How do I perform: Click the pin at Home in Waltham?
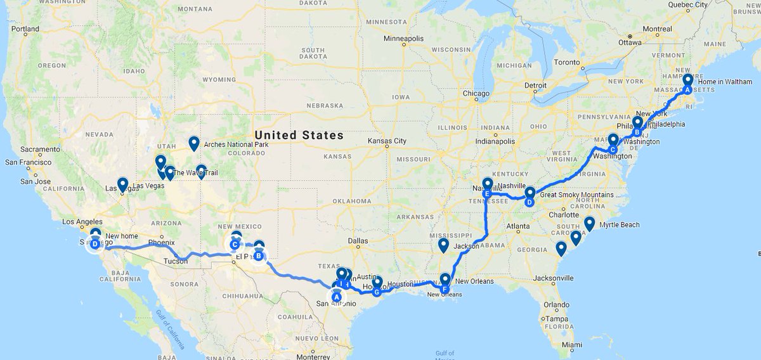point(688,82)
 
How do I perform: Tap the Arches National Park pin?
point(194,143)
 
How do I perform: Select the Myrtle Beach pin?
point(589,223)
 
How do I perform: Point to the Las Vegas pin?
point(122,184)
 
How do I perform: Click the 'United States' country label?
point(299,135)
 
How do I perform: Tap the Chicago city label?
point(476,94)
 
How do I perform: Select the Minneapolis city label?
point(403,39)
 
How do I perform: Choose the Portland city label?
point(25,29)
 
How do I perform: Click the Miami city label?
point(571,345)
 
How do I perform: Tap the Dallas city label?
point(358,241)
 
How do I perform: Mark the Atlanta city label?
point(518,226)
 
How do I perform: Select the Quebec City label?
point(687,4)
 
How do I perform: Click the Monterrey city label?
point(315,356)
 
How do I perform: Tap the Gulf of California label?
point(170,327)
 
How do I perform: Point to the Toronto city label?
point(566,63)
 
